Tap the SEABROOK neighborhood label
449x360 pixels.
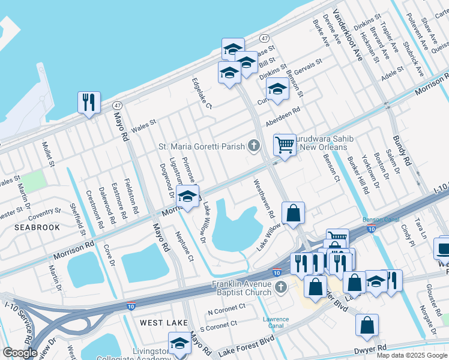pos(37,227)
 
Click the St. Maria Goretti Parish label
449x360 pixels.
pos(201,146)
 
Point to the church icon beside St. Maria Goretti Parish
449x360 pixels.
pos(255,146)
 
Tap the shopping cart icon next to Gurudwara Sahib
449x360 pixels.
pos(285,144)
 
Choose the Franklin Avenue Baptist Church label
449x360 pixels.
pos(242,288)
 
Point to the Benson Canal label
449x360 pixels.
pos(376,220)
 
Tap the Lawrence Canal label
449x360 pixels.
pos(276,323)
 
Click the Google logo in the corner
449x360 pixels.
pos(20,353)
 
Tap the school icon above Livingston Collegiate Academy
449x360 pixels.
pos(178,343)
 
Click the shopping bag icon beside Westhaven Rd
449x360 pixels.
pos(293,213)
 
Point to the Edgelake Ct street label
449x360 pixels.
pos(202,93)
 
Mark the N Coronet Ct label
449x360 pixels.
pos(226,307)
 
